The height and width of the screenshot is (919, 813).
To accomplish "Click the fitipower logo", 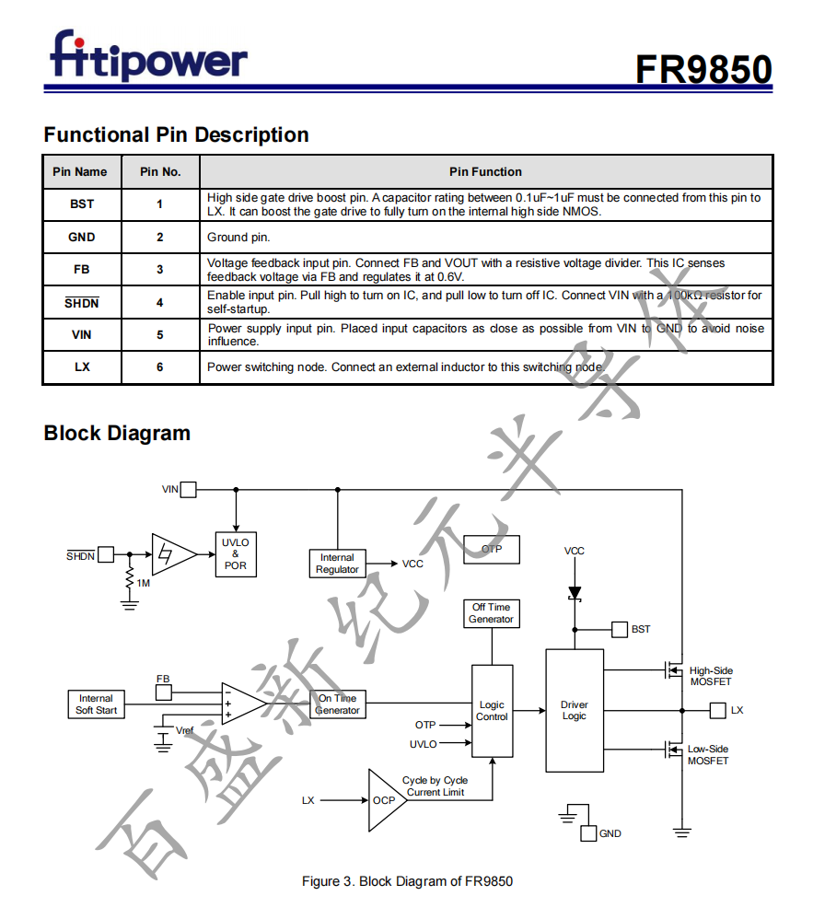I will (x=148, y=57).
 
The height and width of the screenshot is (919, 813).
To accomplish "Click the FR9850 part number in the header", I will (x=703, y=69).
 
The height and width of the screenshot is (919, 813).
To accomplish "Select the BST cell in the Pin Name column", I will (x=82, y=204).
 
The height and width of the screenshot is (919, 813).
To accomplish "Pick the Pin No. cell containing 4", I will (x=160, y=302).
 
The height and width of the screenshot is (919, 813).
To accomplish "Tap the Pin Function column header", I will (x=485, y=172).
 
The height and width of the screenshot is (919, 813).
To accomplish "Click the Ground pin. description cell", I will (x=485, y=238).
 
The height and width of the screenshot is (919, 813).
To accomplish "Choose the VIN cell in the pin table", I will (x=82, y=335).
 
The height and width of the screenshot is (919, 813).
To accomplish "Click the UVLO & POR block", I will (x=235, y=553).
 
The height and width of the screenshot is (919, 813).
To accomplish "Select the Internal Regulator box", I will (x=337, y=564).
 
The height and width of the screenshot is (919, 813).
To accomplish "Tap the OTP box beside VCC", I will (x=492, y=550).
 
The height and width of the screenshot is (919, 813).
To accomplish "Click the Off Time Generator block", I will (x=491, y=613).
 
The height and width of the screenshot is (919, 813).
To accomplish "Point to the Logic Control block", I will (x=492, y=711).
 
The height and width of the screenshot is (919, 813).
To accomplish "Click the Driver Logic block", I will (x=575, y=710).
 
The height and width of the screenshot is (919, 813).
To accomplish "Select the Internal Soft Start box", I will (x=96, y=704).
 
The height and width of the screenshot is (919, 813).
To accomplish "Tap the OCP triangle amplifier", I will (x=384, y=799).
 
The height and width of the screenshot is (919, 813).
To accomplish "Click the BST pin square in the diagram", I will (x=620, y=629).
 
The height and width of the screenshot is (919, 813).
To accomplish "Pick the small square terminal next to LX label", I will (x=718, y=710).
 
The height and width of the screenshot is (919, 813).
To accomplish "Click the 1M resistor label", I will (x=143, y=583).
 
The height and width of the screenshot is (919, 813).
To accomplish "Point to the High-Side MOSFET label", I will (x=711, y=676).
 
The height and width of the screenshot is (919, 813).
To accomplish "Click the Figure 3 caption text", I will (x=407, y=881).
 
